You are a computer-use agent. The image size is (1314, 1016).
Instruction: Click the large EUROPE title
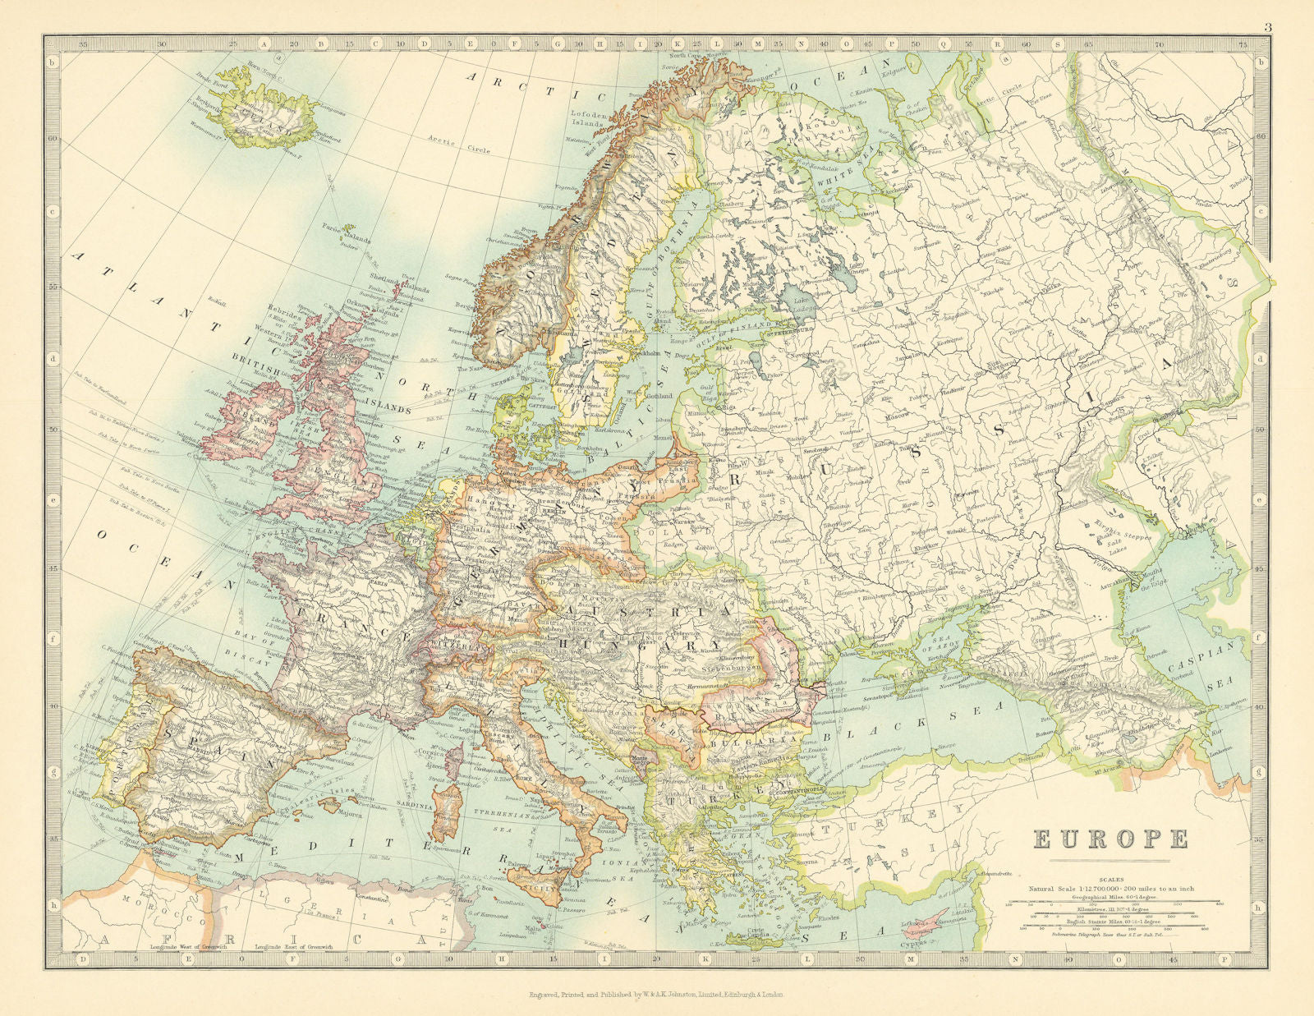click(1110, 839)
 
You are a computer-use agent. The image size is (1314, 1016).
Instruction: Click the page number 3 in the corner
click(1267, 27)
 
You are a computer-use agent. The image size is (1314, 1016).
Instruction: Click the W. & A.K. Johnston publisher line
click(657, 994)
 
